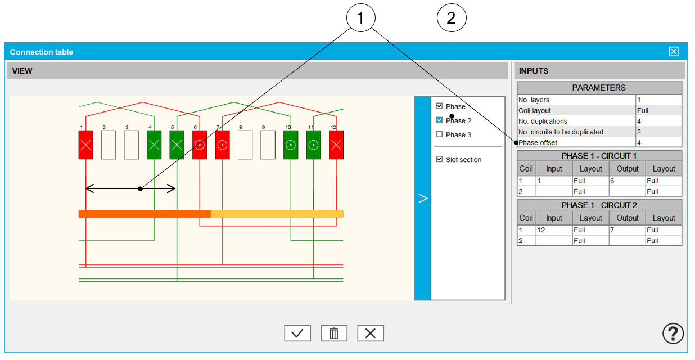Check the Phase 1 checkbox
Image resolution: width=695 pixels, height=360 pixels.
(x=440, y=106)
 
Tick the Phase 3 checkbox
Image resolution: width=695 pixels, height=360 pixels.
(x=440, y=134)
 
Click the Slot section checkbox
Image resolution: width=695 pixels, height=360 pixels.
(x=440, y=160)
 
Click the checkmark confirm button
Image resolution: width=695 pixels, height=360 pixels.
(x=297, y=333)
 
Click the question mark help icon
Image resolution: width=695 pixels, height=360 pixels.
(x=673, y=334)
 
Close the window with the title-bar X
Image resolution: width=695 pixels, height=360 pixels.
(x=673, y=52)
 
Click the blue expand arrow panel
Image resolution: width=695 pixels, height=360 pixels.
(x=423, y=198)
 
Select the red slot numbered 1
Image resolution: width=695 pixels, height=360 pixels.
(x=85, y=145)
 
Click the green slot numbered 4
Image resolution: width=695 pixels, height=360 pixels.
(x=154, y=145)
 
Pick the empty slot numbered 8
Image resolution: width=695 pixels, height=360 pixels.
(x=245, y=145)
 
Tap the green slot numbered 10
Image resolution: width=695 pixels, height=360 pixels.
(x=291, y=145)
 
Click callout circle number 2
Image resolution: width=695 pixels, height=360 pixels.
(x=452, y=19)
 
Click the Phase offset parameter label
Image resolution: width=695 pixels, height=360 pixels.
(x=538, y=143)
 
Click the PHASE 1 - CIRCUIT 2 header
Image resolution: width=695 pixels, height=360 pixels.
(x=599, y=205)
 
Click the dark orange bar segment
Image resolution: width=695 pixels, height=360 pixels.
(x=145, y=214)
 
